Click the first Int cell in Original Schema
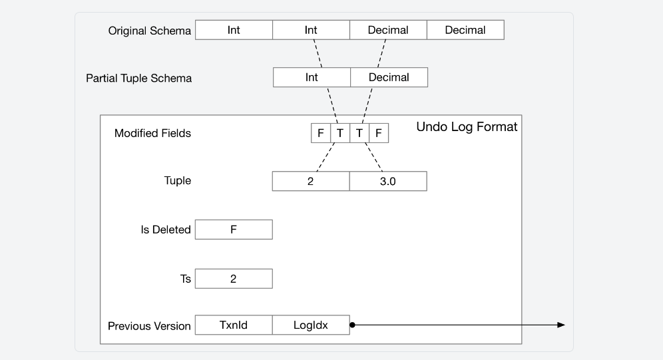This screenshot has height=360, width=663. [x=234, y=30]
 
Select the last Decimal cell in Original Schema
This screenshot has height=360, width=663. [x=465, y=30]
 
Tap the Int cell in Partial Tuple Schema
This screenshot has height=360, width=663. [x=312, y=77]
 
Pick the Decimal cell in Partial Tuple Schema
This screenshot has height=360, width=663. [x=389, y=77]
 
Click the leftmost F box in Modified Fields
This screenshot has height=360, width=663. [x=321, y=133]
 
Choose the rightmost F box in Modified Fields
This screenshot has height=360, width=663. [x=379, y=133]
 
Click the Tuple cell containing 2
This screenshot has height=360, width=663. [x=311, y=181]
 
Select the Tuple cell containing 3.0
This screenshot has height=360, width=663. [x=388, y=181]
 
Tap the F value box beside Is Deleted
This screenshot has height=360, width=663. [x=234, y=230]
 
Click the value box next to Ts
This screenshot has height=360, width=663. [x=234, y=278]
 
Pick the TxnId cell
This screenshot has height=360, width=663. [x=234, y=325]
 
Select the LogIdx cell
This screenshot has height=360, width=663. [x=311, y=325]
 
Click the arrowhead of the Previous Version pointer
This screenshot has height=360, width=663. [x=561, y=325]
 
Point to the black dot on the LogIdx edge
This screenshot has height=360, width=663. [x=352, y=325]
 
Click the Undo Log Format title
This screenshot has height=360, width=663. [x=467, y=127]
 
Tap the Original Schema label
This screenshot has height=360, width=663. [x=150, y=31]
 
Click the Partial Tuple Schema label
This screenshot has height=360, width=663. [x=138, y=79]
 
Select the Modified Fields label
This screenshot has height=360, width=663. [x=152, y=133]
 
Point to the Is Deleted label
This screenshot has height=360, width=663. [x=166, y=230]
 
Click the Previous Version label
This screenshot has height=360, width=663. [x=149, y=326]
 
